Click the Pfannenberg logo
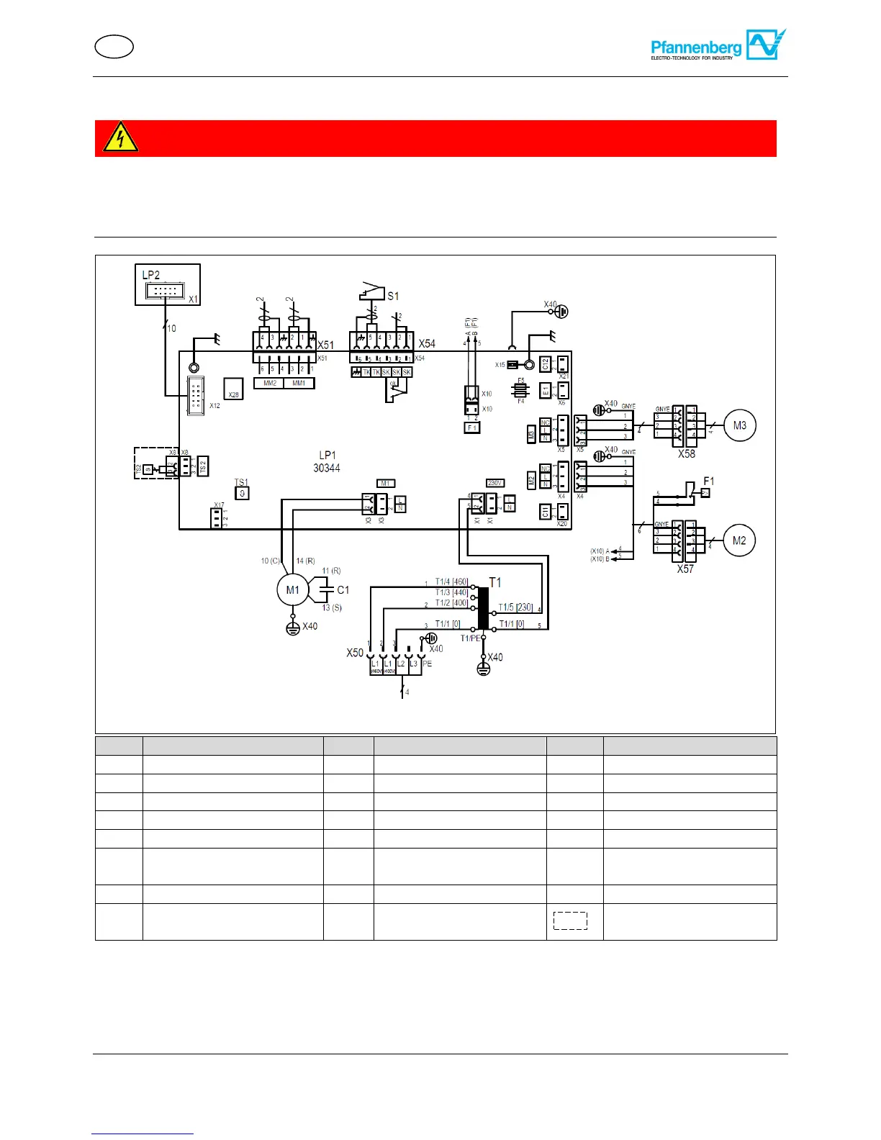[718, 45]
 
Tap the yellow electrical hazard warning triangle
[120, 137]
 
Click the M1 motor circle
[292, 590]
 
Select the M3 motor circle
[739, 425]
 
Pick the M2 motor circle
[739, 540]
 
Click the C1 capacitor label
[343, 590]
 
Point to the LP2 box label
[151, 275]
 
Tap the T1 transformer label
[495, 582]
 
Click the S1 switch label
[393, 296]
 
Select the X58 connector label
[686, 454]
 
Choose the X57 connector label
[685, 569]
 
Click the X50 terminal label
[355, 653]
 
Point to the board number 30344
[327, 469]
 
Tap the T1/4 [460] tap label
[451, 582]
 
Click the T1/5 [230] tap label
[515, 607]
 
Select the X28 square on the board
[233, 389]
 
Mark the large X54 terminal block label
[427, 344]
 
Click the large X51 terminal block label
[325, 345]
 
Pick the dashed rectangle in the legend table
[570, 920]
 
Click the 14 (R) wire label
[306, 561]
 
